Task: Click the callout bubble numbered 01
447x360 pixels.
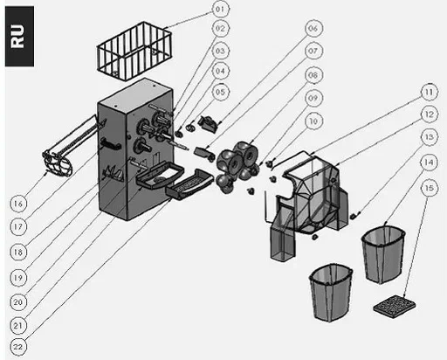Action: (221, 10)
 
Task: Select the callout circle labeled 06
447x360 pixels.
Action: (313, 29)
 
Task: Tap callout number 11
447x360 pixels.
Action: (430, 93)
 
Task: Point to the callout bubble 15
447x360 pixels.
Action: (430, 188)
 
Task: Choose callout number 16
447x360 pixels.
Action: (18, 204)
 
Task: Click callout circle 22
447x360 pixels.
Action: (18, 347)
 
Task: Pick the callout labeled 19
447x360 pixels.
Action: (18, 278)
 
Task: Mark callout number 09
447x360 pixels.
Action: (313, 98)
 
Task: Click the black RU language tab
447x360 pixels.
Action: (19, 37)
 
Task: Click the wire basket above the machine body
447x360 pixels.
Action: (134, 52)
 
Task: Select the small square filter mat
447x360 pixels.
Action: (395, 307)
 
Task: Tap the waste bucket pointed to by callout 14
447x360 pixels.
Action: (383, 254)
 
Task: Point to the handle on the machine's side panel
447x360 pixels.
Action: (111, 144)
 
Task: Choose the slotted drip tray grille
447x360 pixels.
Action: (189, 184)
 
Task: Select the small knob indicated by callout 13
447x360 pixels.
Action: (353, 217)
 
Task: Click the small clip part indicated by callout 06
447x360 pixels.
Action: (208, 124)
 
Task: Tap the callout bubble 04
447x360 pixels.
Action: (221, 71)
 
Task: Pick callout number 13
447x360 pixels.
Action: (430, 137)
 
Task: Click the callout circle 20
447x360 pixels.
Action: (18, 302)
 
